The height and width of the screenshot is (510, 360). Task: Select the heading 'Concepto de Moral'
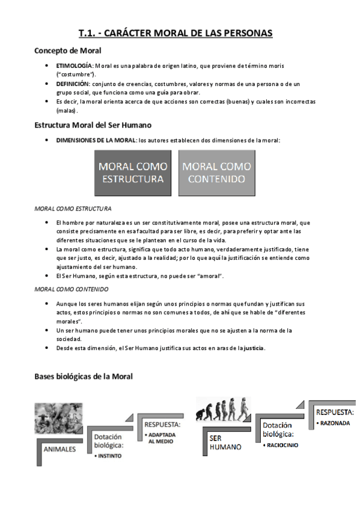pyautogui.click(x=68, y=51)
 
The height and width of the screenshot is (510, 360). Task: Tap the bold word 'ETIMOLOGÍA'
pyautogui.click(x=74, y=65)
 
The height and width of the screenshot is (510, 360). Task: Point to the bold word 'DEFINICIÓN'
pyautogui.click(x=73, y=84)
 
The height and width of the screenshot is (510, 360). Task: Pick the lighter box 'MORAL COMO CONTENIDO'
pyautogui.click(x=217, y=173)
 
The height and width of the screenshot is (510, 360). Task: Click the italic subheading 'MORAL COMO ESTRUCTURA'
pyautogui.click(x=73, y=209)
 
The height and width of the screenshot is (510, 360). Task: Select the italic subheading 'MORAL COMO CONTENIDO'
pyautogui.click(x=71, y=289)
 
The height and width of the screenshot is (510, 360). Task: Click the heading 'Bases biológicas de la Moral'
pyautogui.click(x=84, y=376)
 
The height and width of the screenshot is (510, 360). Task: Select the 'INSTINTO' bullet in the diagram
pyautogui.click(x=108, y=456)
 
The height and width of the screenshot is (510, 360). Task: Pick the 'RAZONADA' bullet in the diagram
pyautogui.click(x=331, y=424)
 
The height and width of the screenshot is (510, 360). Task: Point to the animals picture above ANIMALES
pyautogui.click(x=58, y=418)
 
